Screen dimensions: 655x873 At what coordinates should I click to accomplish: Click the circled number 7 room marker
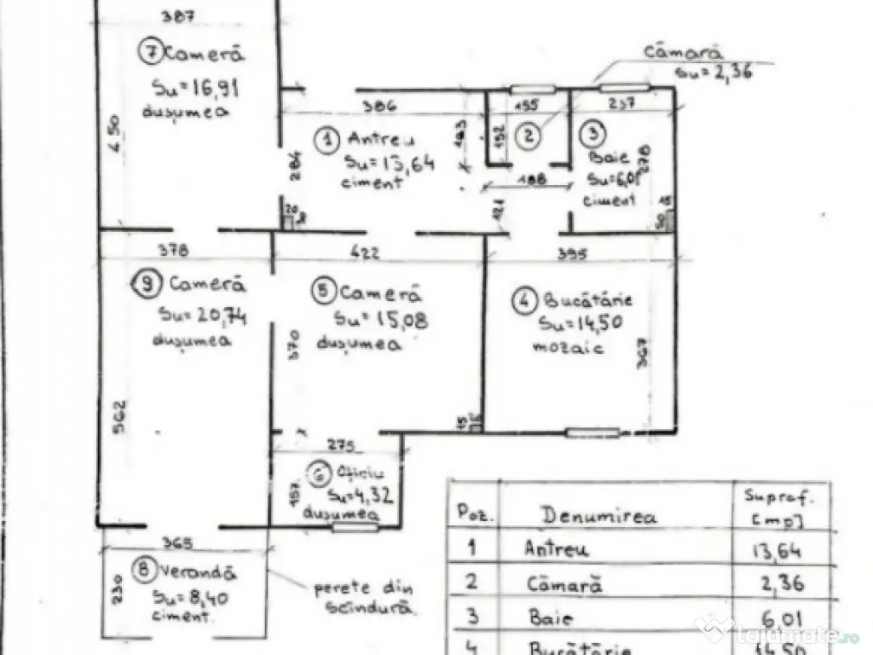tap(151, 54)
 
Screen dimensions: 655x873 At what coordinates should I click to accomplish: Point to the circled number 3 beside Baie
tap(593, 133)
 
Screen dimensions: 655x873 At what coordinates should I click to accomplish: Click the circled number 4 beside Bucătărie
tap(523, 301)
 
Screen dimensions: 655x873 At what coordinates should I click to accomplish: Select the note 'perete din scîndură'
tap(365, 598)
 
